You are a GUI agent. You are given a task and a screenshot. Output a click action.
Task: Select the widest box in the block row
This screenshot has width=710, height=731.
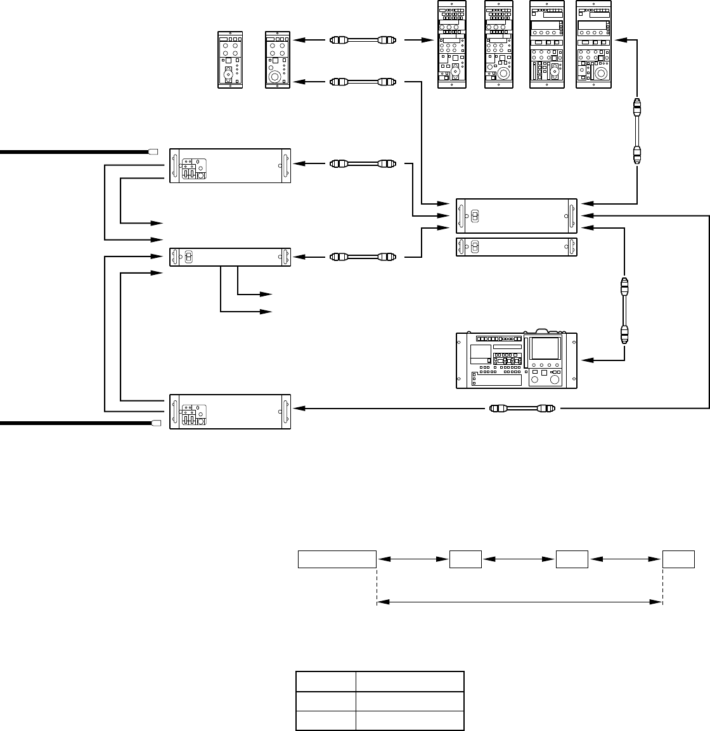(x=337, y=559)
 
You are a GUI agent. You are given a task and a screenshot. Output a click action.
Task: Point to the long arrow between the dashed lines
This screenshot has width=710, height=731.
(x=520, y=602)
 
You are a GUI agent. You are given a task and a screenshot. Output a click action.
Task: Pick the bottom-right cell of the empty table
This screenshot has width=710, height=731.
(x=410, y=721)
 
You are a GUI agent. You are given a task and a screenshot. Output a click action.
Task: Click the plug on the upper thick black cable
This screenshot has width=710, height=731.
(x=152, y=152)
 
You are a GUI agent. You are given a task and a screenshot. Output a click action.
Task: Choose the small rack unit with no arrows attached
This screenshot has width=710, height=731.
(x=517, y=247)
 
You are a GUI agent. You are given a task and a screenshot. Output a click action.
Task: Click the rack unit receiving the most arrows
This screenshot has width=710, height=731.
(x=517, y=216)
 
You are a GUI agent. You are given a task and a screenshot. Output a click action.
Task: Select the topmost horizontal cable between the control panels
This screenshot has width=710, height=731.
(x=362, y=41)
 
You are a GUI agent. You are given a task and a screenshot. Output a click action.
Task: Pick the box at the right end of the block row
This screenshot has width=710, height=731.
(x=679, y=559)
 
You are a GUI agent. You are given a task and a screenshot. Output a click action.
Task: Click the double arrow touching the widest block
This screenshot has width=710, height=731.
(x=413, y=559)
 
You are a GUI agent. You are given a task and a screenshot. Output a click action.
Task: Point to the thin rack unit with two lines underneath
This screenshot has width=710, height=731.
(x=230, y=257)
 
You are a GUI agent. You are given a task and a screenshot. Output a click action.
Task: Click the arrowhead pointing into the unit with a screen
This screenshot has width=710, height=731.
(x=587, y=360)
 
